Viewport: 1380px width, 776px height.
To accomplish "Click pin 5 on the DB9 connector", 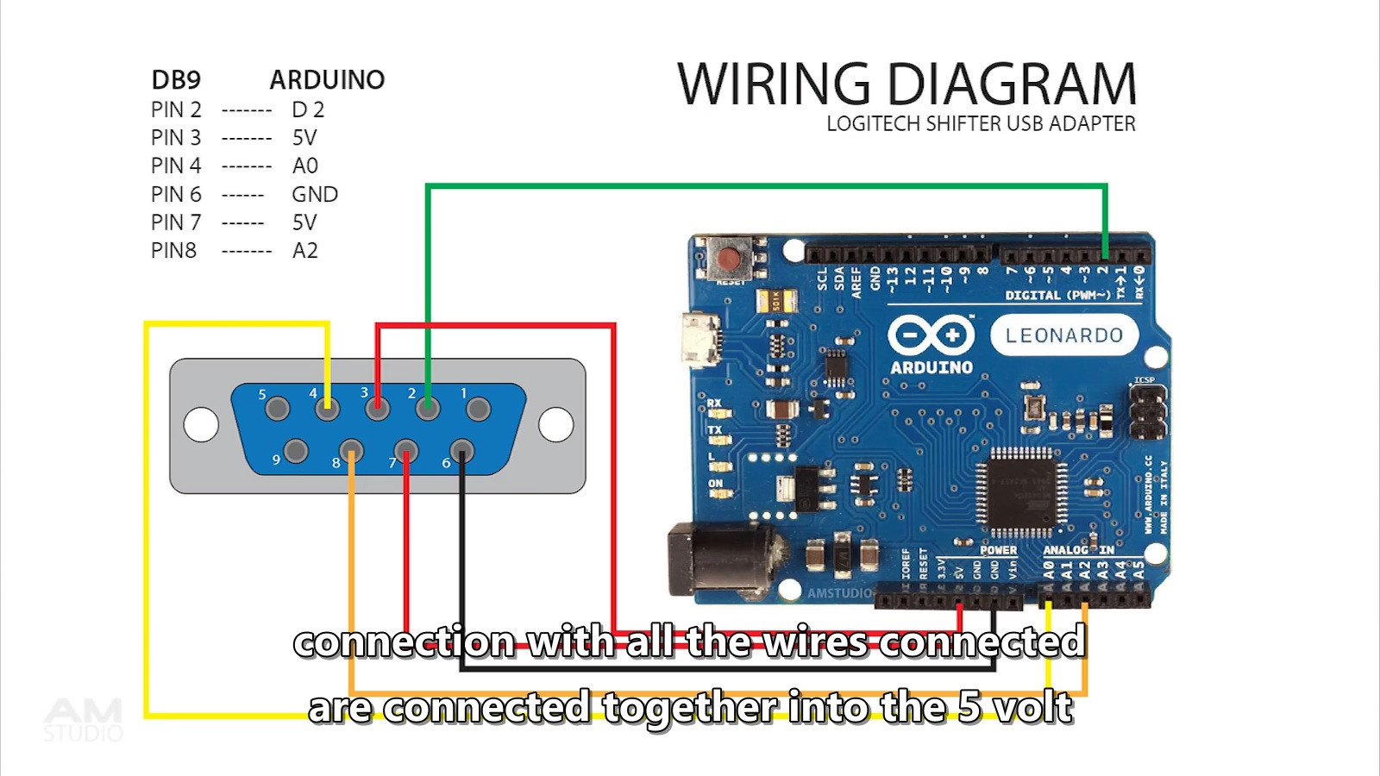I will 277,408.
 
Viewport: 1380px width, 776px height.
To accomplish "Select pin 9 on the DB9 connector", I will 296,450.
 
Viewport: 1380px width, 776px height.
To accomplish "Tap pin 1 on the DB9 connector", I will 478,408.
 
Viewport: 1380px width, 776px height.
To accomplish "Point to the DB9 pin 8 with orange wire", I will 351,450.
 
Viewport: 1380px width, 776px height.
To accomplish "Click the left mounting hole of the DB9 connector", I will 201,424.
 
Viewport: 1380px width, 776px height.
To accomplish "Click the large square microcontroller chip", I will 1021,491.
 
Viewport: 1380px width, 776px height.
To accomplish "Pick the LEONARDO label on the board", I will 1063,335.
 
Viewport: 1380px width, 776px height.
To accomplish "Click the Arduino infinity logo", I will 931,335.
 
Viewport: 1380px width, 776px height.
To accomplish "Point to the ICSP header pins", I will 1147,410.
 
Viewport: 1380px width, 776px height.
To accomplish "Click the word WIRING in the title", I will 774,84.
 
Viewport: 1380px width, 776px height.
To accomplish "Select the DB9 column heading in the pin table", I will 176,80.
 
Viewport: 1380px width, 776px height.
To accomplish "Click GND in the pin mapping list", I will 315,194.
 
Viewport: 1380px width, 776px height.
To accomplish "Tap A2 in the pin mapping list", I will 305,251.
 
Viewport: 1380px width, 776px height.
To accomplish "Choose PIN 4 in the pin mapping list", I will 176,166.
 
